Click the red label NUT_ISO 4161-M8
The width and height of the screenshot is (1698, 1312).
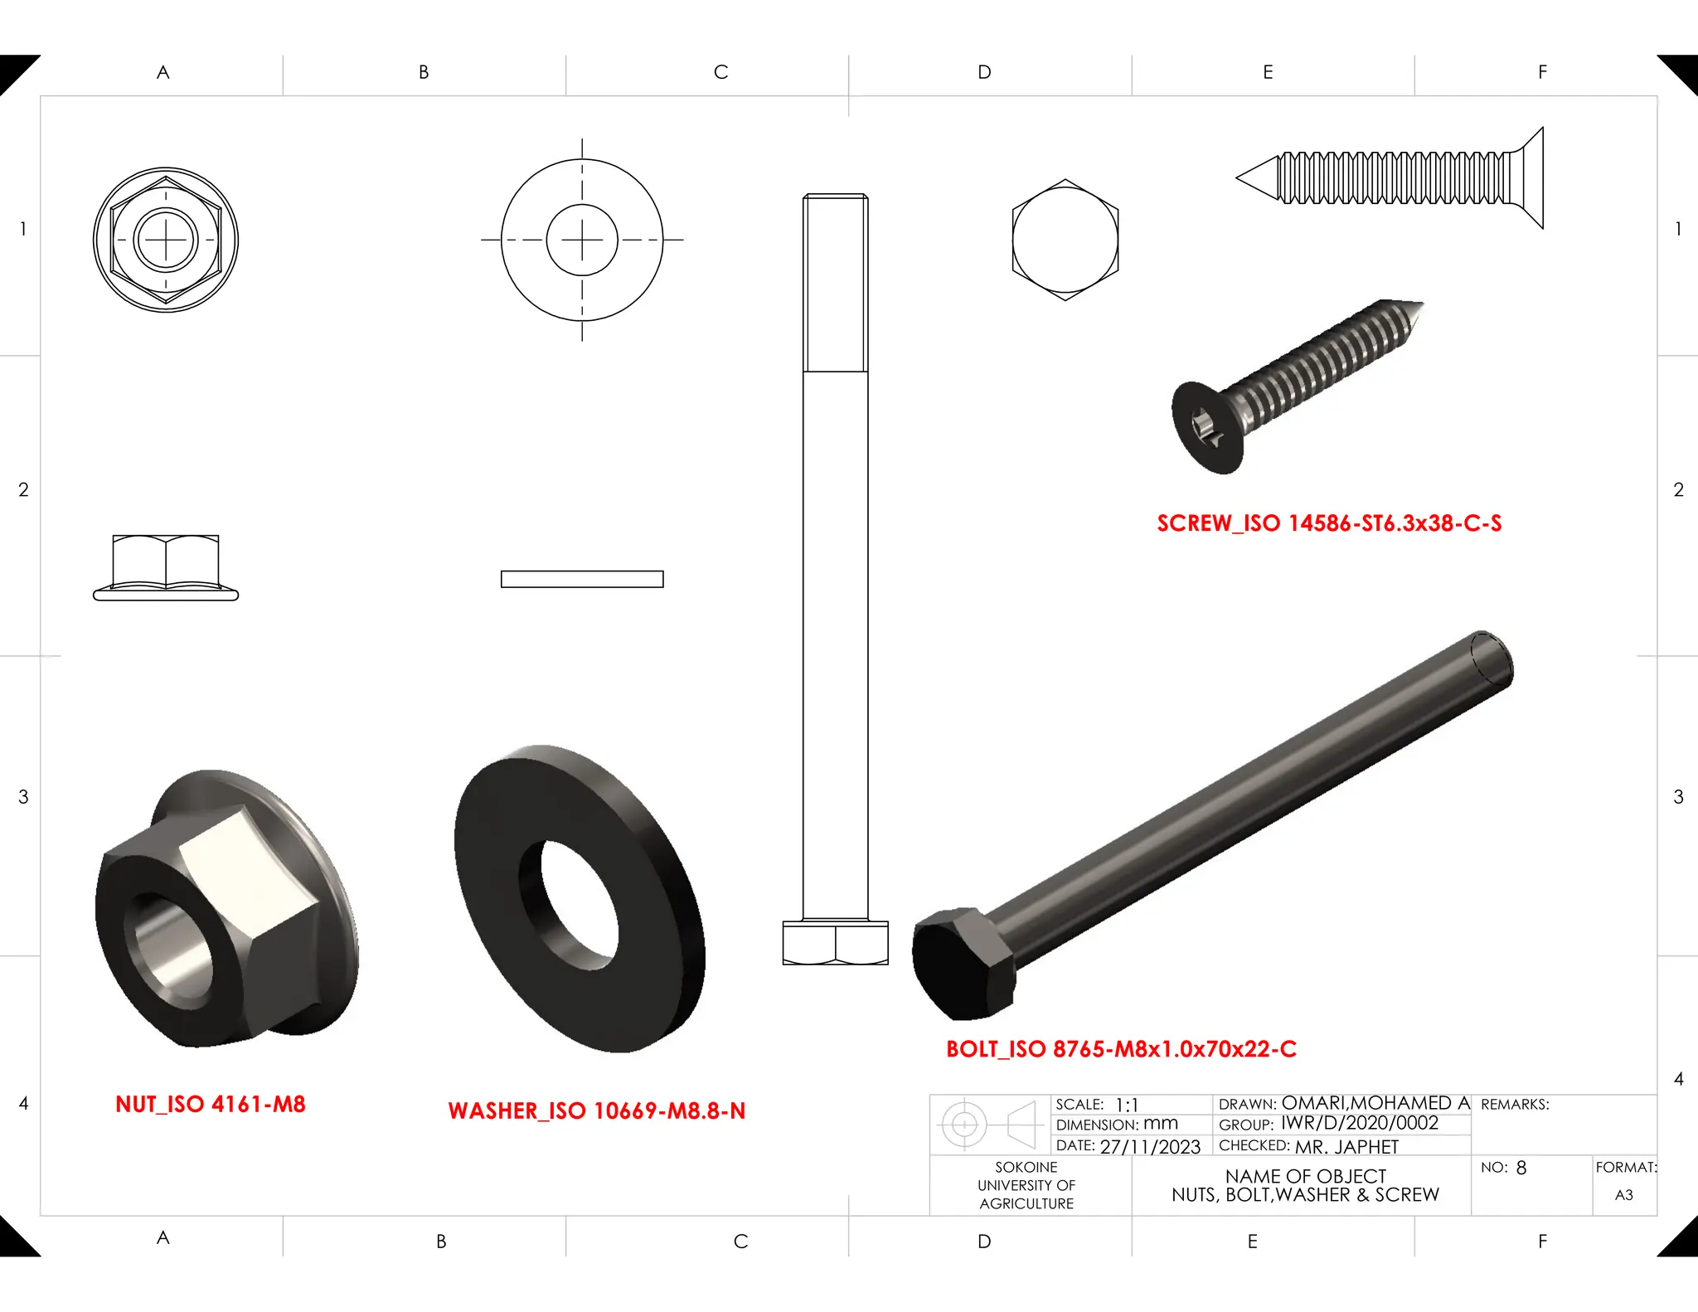210,1104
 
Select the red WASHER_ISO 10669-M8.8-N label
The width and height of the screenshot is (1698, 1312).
596,1110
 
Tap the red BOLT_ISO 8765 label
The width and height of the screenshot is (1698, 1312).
1121,1049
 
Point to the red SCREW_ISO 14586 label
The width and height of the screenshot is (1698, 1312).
1328,523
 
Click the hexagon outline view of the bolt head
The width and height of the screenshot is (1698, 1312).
1065,240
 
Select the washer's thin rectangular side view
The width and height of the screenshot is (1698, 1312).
581,579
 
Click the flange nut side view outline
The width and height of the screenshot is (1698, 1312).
166,566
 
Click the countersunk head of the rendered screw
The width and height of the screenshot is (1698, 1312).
1206,428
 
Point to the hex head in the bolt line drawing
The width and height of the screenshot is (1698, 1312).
835,943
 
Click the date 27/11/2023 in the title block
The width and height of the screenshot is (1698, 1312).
1149,1147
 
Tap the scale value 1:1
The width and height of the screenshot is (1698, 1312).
1126,1105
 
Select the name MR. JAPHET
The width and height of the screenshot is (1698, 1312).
1346,1147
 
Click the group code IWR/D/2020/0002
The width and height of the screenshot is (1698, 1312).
1359,1123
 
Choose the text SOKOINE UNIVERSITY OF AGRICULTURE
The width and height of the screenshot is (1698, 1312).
1026,1185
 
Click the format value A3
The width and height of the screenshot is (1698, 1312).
1623,1195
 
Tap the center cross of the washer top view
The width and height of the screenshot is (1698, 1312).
582,240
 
